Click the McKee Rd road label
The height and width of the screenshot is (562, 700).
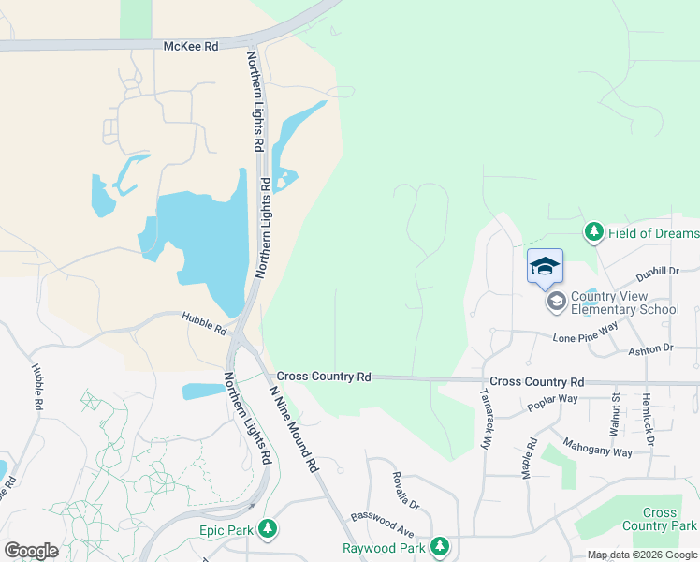click(x=190, y=45)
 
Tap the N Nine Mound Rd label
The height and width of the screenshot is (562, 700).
click(x=294, y=427)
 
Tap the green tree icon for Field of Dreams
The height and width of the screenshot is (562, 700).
click(x=592, y=231)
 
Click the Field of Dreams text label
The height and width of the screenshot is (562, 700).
click(x=653, y=233)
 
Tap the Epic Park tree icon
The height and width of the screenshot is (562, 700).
click(x=269, y=529)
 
